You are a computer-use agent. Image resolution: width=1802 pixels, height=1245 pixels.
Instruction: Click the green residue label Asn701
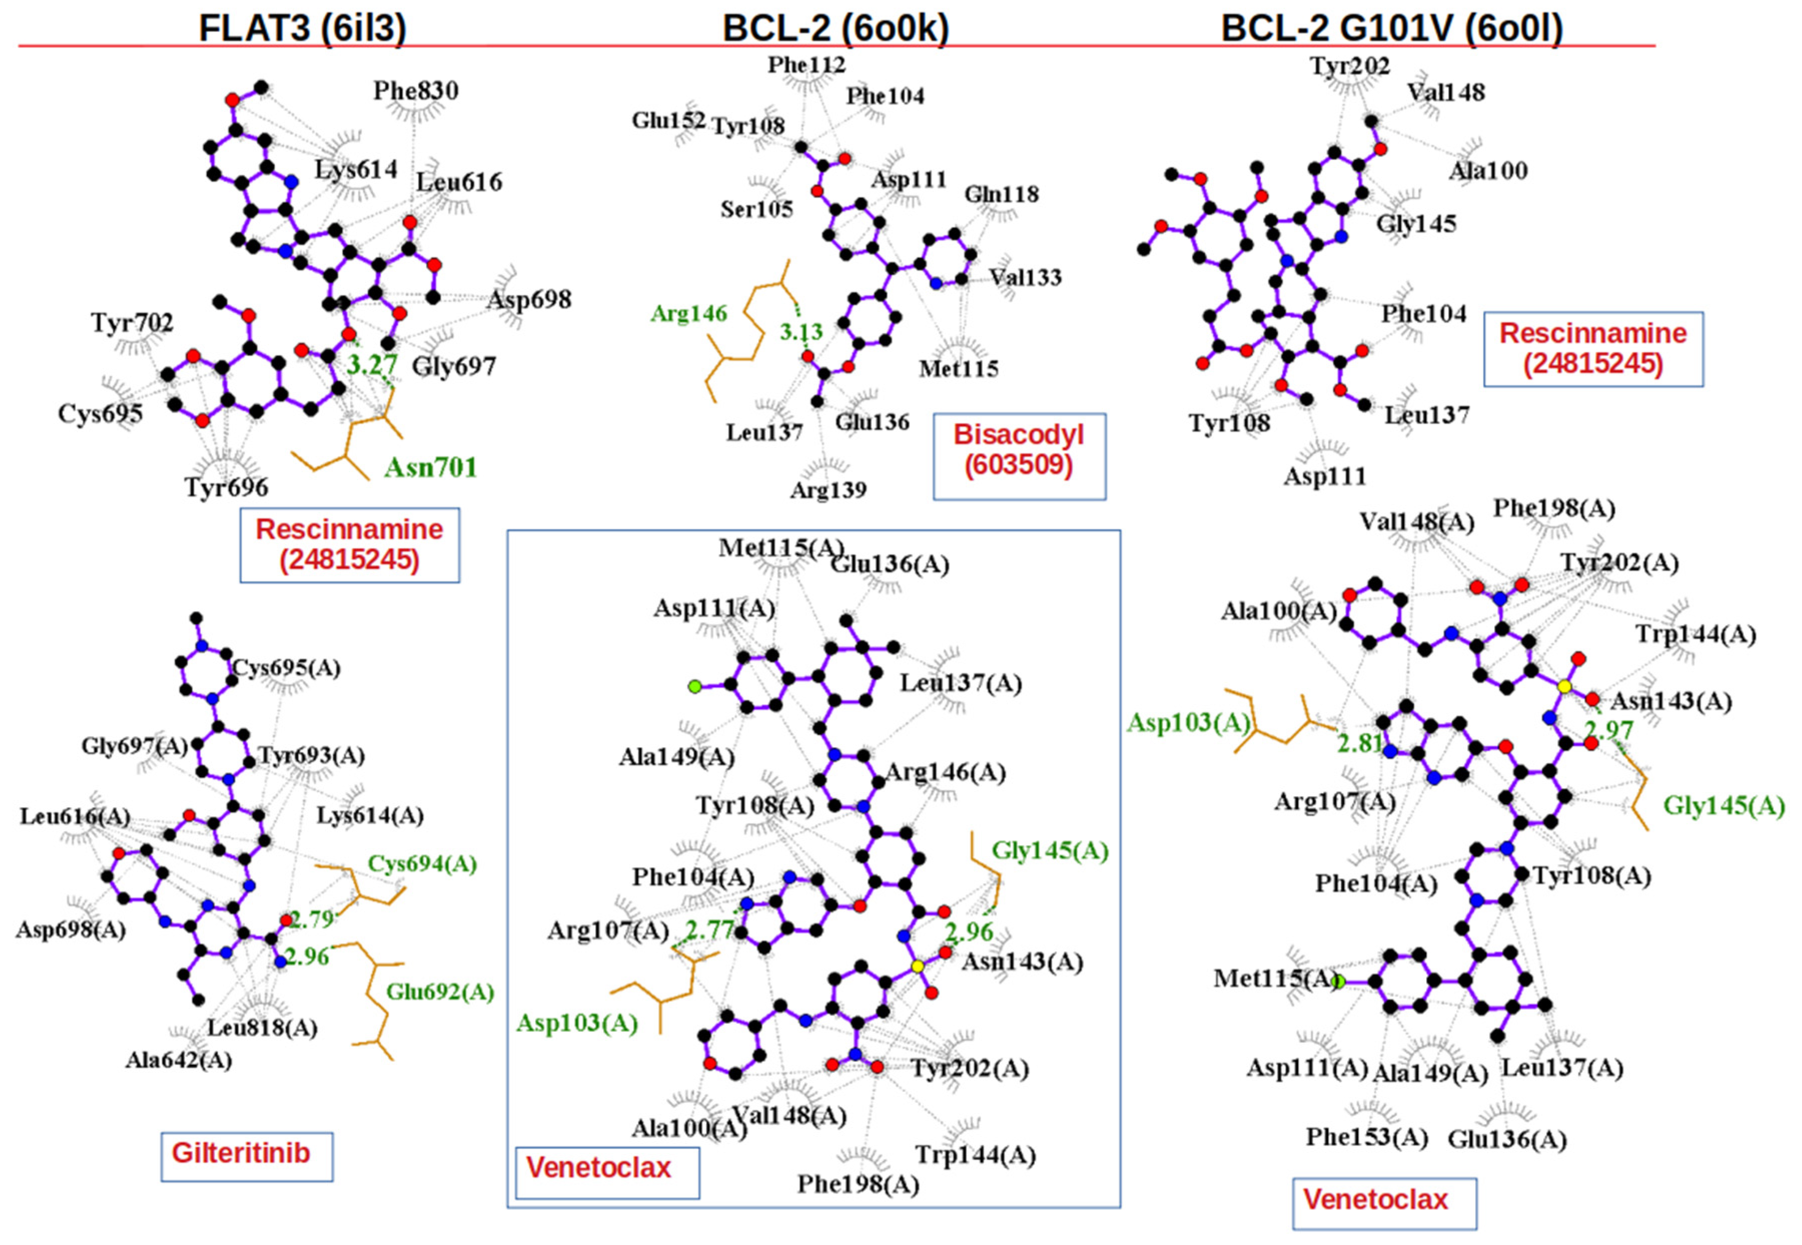[430, 467]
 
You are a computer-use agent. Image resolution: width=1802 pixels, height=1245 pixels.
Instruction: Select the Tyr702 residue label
[132, 322]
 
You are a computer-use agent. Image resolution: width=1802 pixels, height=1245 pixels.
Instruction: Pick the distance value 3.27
[371, 364]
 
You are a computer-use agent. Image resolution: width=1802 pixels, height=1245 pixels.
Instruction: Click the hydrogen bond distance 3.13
[801, 332]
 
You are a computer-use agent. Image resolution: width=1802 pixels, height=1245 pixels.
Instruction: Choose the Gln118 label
[1002, 194]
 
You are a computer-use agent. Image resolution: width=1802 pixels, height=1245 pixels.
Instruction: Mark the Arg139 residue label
[828, 490]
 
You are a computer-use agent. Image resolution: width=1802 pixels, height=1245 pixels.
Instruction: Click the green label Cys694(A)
[422, 864]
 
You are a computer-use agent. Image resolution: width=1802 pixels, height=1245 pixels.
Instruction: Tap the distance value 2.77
[709, 930]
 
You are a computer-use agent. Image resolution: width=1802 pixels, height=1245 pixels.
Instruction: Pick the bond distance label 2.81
[1361, 744]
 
